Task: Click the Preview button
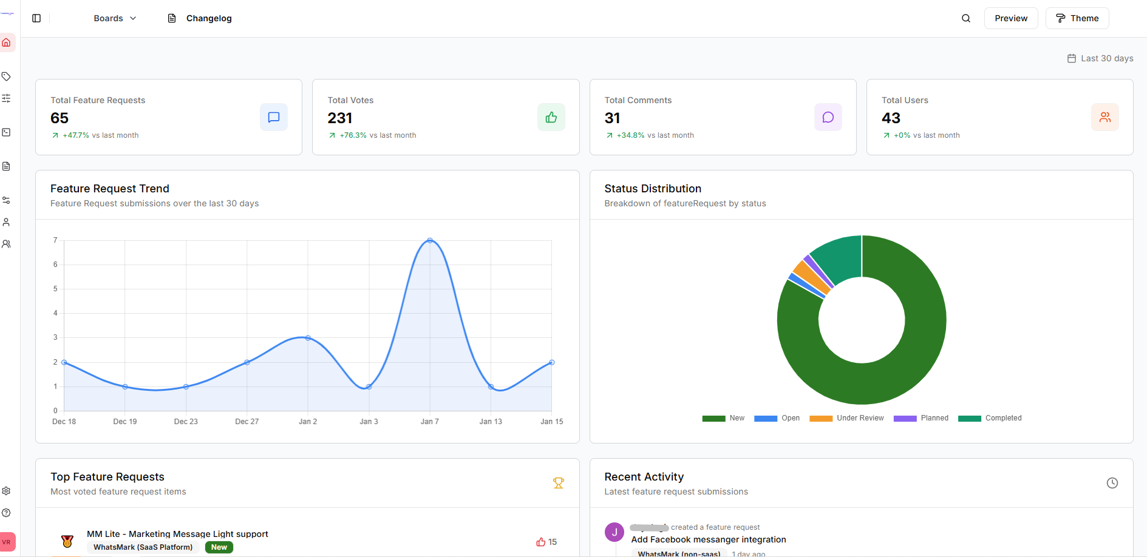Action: pyautogui.click(x=1010, y=18)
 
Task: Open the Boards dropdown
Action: pyautogui.click(x=115, y=18)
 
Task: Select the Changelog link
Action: pyautogui.click(x=200, y=18)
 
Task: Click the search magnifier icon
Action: pyautogui.click(x=965, y=18)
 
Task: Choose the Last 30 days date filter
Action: pyautogui.click(x=1100, y=58)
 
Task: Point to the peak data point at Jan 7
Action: pyautogui.click(x=430, y=241)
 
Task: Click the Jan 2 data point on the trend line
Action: pyautogui.click(x=308, y=338)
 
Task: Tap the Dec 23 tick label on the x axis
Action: pyautogui.click(x=186, y=422)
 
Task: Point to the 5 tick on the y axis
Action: pyautogui.click(x=55, y=289)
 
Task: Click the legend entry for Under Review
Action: pyautogui.click(x=847, y=418)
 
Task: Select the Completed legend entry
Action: pyautogui.click(x=990, y=418)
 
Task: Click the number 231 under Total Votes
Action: pyautogui.click(x=340, y=118)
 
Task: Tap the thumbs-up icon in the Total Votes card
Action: pyautogui.click(x=551, y=117)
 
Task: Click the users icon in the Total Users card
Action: pyautogui.click(x=1104, y=117)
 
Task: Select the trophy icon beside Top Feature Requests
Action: pyautogui.click(x=558, y=483)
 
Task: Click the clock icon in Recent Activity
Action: pyautogui.click(x=1112, y=483)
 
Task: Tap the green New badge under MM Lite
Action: pyautogui.click(x=219, y=547)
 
